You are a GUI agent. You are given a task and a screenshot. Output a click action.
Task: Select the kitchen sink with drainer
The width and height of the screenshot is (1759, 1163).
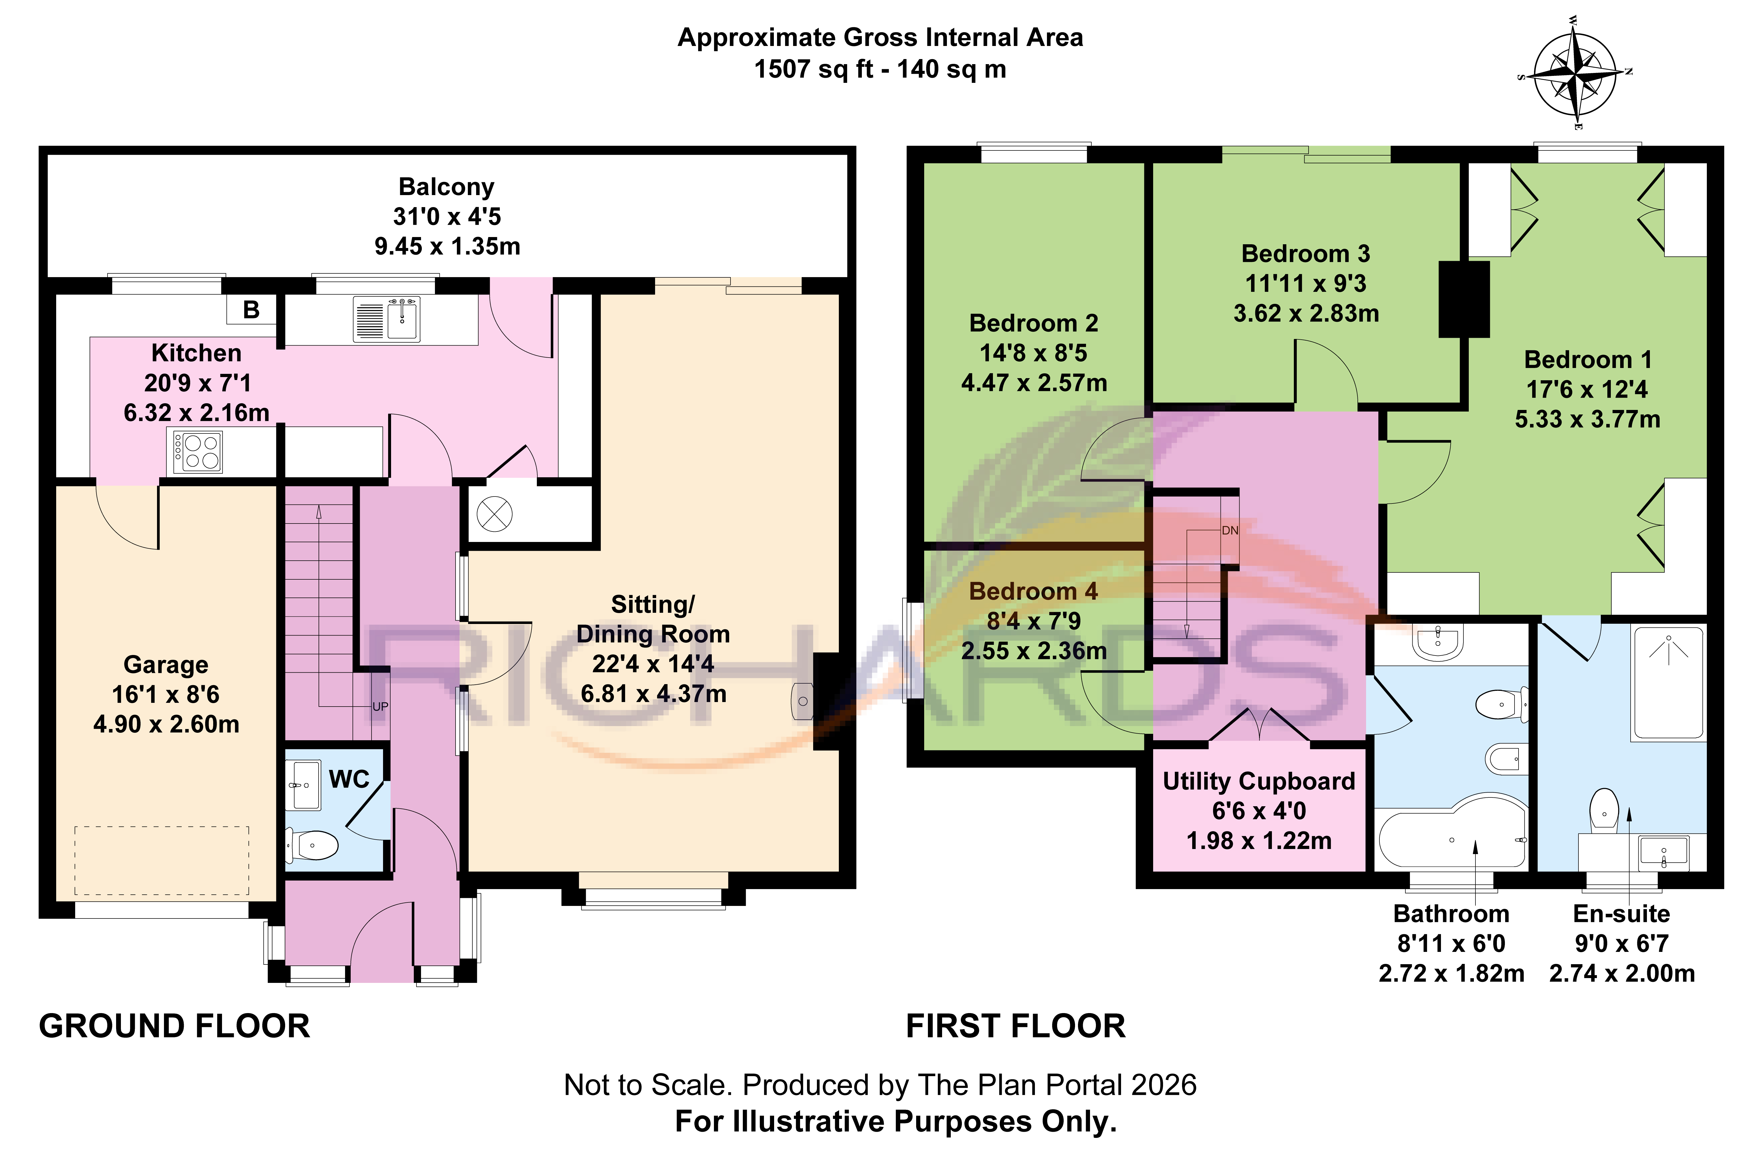tap(386, 319)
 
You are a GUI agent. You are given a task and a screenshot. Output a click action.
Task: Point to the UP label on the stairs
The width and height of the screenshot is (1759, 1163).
tap(380, 707)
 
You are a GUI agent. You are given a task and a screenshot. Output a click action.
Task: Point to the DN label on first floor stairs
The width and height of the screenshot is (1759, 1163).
tap(1230, 530)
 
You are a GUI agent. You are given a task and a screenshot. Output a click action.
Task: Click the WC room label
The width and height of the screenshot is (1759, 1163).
tap(349, 779)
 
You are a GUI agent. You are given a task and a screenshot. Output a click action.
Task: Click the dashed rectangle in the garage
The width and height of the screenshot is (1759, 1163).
tap(162, 860)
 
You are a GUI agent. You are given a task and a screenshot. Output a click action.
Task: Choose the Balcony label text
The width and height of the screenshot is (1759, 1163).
tap(446, 187)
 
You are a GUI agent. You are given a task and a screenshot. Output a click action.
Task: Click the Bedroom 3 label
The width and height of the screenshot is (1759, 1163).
tap(1306, 254)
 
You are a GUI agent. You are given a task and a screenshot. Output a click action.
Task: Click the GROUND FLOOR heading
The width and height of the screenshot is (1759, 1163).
tap(174, 1026)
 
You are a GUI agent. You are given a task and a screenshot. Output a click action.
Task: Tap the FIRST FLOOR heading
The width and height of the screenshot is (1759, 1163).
tap(1015, 1026)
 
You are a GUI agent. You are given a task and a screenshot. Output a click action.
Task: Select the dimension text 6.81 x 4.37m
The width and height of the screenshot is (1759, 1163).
tap(653, 693)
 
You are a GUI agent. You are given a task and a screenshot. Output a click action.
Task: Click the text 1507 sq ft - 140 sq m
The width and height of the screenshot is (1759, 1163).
tap(880, 69)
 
